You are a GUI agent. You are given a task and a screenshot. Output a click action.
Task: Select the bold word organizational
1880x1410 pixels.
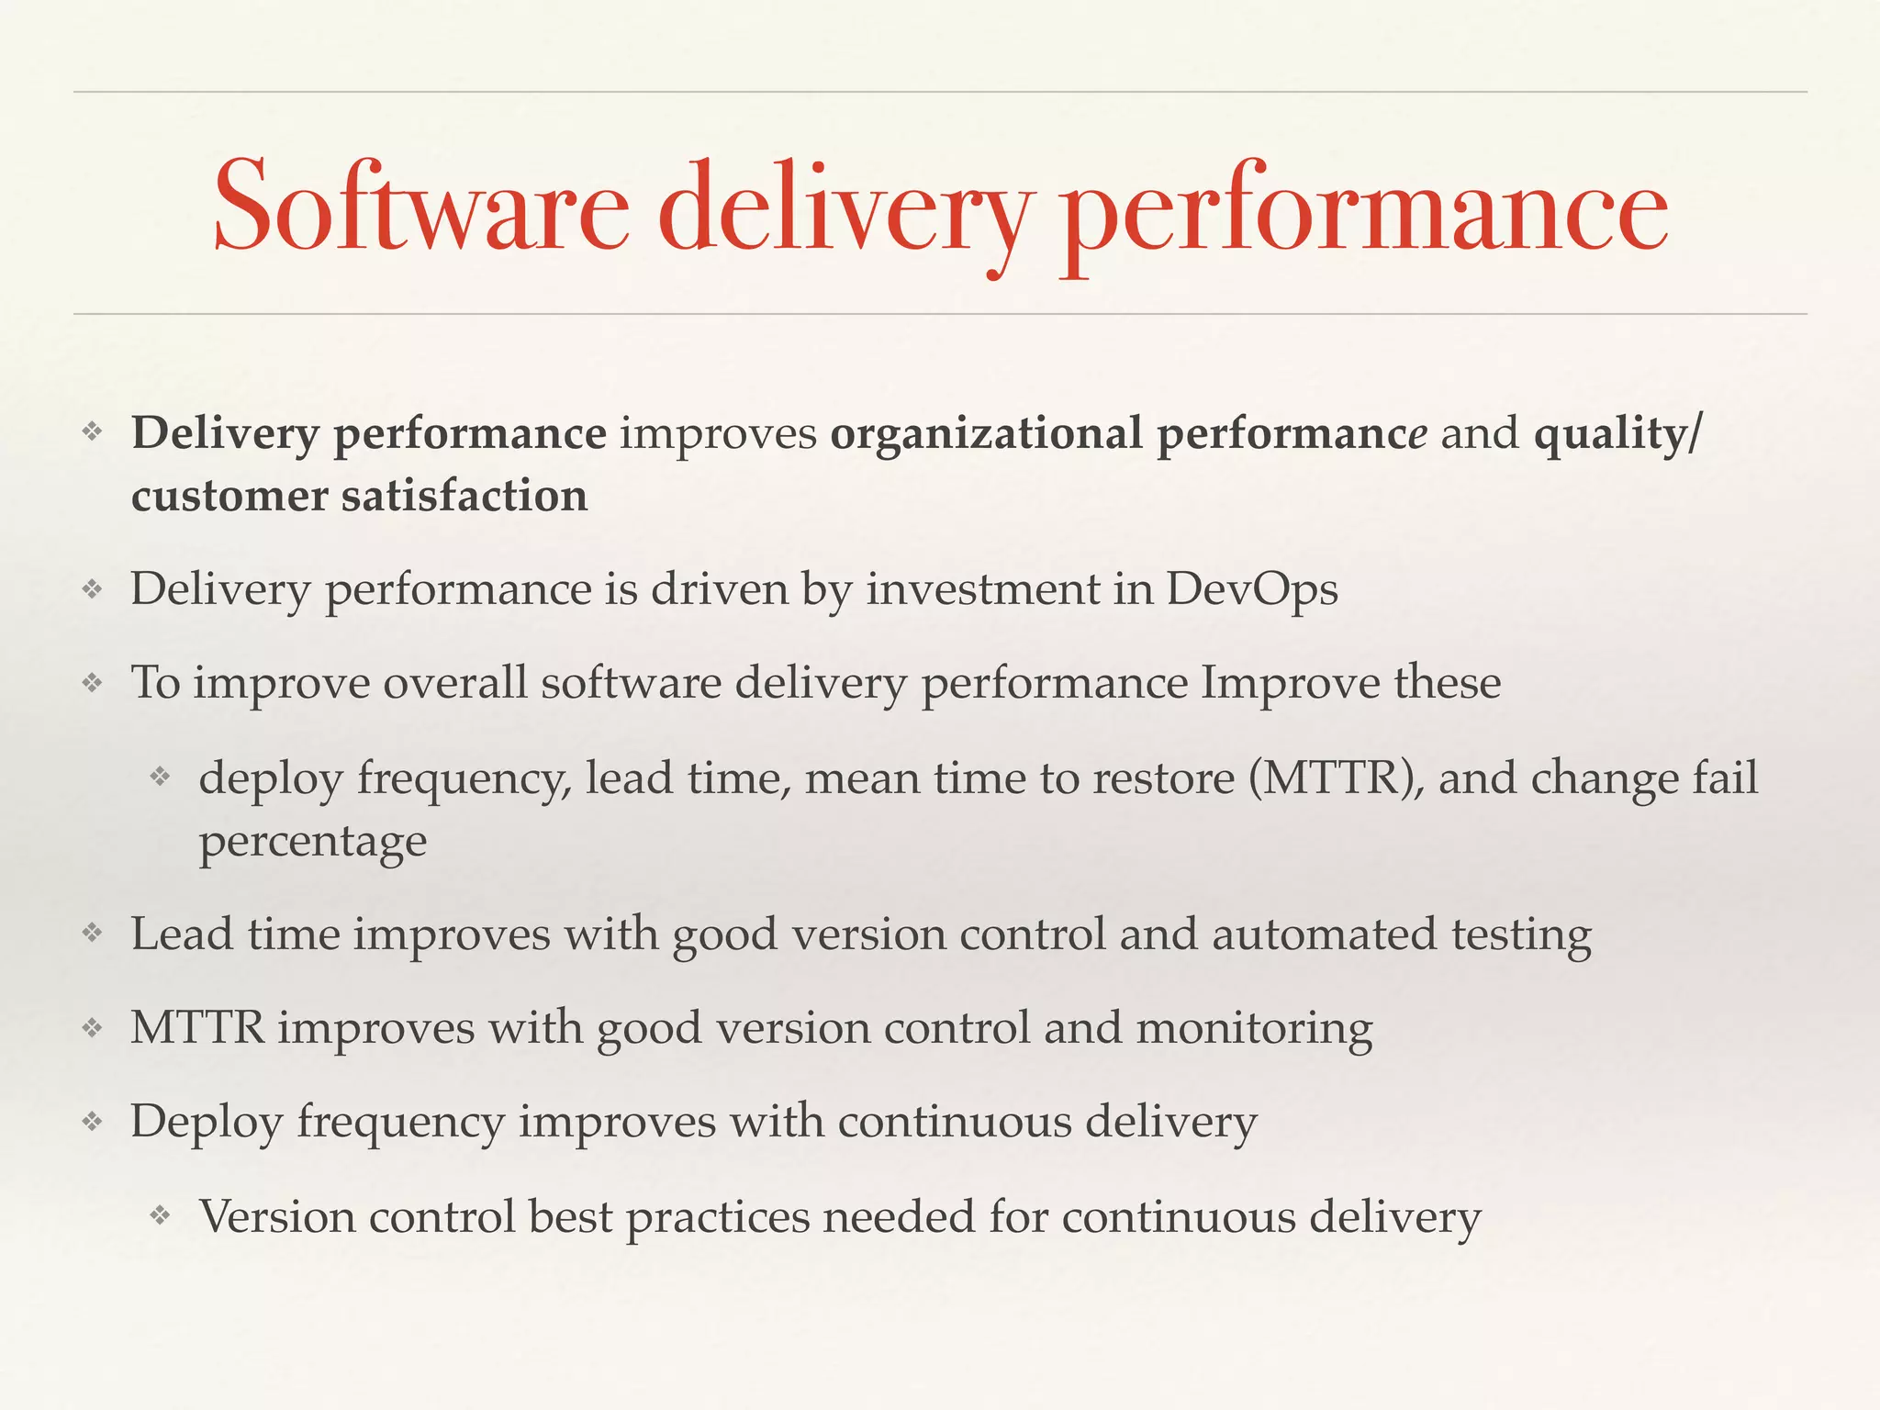(x=987, y=433)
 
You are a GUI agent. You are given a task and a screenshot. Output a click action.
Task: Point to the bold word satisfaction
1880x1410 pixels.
(x=464, y=496)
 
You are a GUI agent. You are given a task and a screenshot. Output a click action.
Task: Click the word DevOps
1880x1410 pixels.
(x=1252, y=588)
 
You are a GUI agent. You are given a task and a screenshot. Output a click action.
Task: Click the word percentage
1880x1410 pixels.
(x=313, y=842)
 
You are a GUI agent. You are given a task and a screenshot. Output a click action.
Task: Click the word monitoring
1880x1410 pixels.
(x=1254, y=1027)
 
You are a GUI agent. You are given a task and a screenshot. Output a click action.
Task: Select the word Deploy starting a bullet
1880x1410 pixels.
(x=207, y=1122)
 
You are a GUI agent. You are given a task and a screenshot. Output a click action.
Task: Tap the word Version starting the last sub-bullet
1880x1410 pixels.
(x=277, y=1216)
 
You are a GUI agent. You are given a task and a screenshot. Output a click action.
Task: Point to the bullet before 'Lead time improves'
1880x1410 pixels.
(x=92, y=934)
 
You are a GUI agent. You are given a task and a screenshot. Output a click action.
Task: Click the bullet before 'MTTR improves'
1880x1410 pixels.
(x=92, y=1027)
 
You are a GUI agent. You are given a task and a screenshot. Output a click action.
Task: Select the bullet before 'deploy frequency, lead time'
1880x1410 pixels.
(x=161, y=778)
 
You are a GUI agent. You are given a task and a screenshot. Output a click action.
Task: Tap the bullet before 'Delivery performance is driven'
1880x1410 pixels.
(x=92, y=588)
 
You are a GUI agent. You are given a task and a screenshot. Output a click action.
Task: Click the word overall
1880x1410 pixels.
(x=454, y=683)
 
